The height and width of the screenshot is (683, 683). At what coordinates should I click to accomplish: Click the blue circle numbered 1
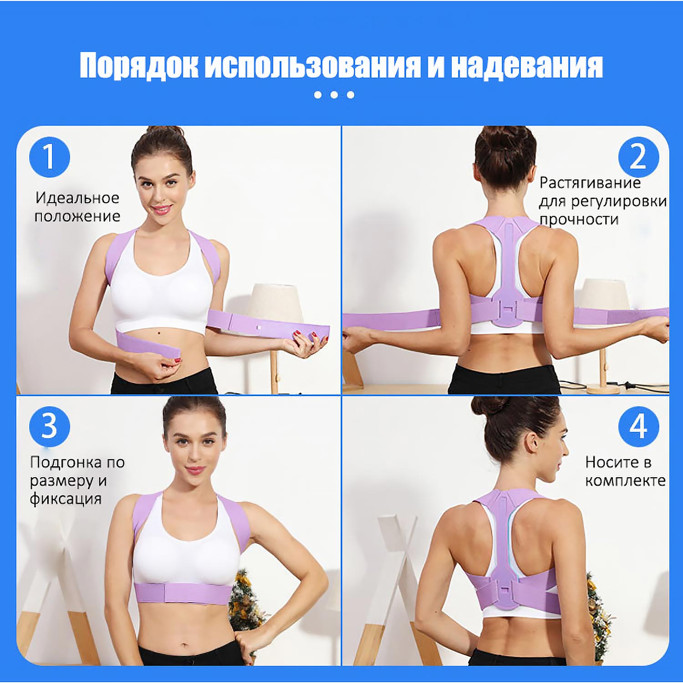point(49,157)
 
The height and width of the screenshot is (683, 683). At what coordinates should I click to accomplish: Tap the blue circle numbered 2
point(638,157)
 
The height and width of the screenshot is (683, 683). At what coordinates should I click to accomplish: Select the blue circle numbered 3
point(49,427)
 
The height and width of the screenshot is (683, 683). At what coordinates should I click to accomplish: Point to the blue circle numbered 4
point(638,427)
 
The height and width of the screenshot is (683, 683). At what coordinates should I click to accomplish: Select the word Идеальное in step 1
point(77,198)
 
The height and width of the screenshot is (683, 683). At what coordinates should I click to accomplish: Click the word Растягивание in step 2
point(590,183)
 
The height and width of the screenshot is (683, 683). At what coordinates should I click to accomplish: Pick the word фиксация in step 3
point(66,499)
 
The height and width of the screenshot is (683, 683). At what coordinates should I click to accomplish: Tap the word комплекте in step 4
point(625,480)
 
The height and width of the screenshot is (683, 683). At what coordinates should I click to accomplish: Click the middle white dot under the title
point(334,95)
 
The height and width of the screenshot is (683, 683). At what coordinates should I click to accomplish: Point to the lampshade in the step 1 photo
point(275,304)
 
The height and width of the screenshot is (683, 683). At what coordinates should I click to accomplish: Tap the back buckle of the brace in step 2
point(509,311)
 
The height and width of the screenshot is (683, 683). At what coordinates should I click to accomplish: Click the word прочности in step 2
point(579,219)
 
